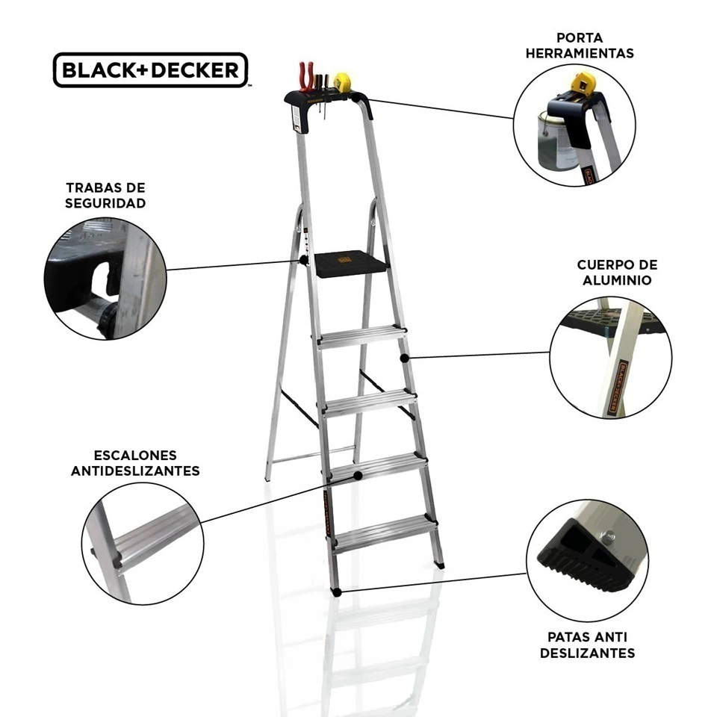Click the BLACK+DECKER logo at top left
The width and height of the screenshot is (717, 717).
[150, 70]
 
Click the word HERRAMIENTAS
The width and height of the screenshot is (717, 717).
[580, 54]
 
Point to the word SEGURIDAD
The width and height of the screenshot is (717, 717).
[105, 203]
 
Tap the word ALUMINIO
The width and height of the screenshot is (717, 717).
[617, 280]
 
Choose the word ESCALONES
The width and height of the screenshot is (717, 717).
[135, 456]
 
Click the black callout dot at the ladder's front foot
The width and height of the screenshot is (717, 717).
[337, 592]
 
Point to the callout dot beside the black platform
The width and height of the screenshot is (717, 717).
[303, 260]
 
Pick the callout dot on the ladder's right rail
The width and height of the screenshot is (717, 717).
[404, 358]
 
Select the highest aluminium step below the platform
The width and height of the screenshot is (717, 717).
[361, 337]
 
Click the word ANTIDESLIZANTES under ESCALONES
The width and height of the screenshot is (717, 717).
[135, 471]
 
